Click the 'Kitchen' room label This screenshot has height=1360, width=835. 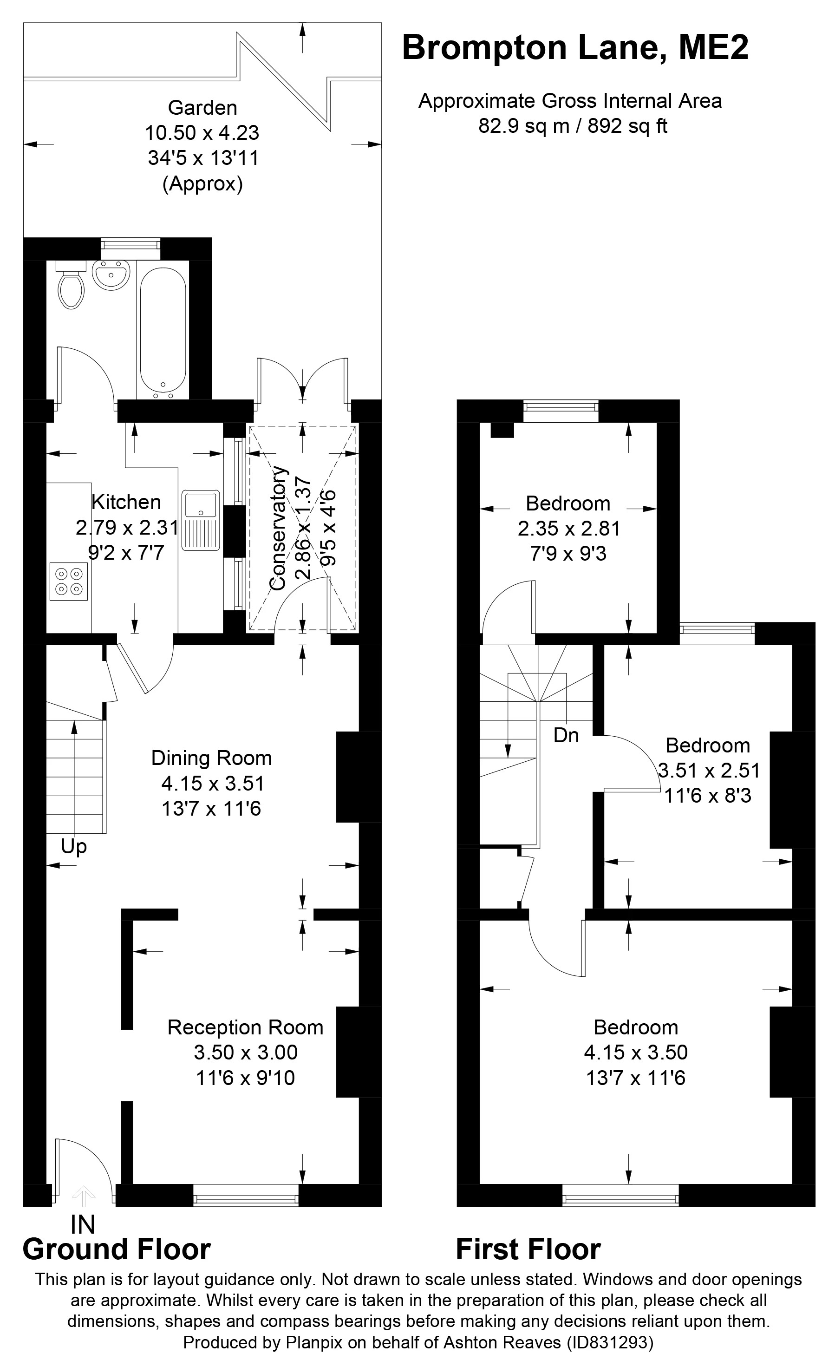click(x=126, y=502)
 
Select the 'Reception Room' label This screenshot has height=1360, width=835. click(x=245, y=1027)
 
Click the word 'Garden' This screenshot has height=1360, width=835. click(x=202, y=107)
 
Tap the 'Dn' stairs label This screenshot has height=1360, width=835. click(x=566, y=735)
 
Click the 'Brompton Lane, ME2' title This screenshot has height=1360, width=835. click(x=575, y=47)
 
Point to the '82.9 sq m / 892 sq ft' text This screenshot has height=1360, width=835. click(x=573, y=126)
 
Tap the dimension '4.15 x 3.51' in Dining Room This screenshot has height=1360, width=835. click(x=213, y=784)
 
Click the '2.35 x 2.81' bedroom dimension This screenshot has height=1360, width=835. click(x=569, y=529)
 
